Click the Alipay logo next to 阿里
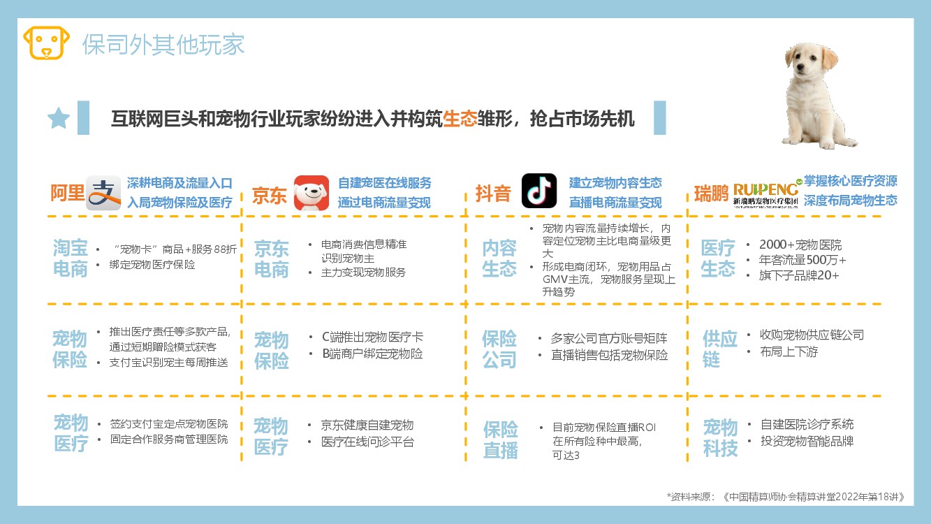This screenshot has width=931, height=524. (x=103, y=193)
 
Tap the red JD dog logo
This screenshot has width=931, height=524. (x=311, y=193)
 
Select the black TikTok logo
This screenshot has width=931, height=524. (x=539, y=191)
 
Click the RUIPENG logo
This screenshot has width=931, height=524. (x=766, y=194)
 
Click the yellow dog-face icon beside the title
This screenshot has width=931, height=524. (x=47, y=43)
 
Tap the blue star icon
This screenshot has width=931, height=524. (x=59, y=118)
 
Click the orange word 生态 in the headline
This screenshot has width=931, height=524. (x=460, y=119)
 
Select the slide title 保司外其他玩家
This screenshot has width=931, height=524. (x=163, y=45)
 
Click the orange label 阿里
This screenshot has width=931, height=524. (x=67, y=193)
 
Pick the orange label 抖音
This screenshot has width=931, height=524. (x=493, y=194)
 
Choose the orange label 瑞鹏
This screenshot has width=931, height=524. (x=711, y=194)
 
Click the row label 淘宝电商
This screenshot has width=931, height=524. (x=71, y=259)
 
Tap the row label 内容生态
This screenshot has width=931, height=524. (x=499, y=259)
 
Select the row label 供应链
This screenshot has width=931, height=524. (x=719, y=349)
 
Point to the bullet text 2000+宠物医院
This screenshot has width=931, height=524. (x=800, y=245)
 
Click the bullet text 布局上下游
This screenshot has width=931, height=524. (x=789, y=352)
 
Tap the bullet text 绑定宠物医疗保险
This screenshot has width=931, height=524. (x=152, y=265)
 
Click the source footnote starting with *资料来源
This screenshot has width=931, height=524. (x=785, y=497)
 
